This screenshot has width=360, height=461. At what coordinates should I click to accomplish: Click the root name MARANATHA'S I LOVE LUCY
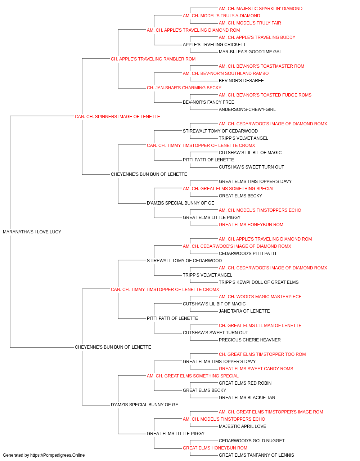[x=32, y=232]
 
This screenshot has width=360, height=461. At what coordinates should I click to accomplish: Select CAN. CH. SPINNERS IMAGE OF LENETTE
[x=117, y=117]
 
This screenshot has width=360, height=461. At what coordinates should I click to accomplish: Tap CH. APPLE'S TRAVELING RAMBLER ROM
[x=153, y=59]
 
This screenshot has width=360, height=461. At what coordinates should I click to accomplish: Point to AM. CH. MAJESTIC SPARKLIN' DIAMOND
[x=261, y=9]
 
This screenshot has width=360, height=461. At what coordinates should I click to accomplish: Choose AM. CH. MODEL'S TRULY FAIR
[x=250, y=23]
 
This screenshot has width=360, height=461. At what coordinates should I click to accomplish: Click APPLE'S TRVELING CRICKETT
[x=214, y=45]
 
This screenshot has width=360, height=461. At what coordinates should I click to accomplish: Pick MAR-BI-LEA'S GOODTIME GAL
[x=250, y=52]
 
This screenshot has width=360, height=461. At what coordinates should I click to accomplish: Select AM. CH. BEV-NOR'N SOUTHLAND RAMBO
[x=226, y=73]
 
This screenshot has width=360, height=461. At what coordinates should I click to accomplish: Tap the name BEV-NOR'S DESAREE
[x=241, y=81]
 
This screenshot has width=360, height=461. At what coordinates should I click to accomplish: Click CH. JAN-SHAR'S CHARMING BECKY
[x=184, y=88]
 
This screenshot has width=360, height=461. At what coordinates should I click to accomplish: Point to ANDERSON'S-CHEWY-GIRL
[x=247, y=109]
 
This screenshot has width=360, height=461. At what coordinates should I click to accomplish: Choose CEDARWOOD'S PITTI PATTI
[x=247, y=254]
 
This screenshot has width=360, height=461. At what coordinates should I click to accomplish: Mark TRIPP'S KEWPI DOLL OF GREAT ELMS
[x=258, y=282]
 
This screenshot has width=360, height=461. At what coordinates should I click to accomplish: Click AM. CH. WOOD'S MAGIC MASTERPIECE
[x=260, y=297]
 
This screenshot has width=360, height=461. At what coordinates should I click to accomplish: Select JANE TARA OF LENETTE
[x=244, y=311]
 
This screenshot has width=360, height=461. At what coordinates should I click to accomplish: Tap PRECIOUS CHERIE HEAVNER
[x=250, y=340]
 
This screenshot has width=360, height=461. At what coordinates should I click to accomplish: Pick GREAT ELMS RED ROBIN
[x=245, y=383]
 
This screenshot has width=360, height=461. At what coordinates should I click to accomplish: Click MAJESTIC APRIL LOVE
[x=243, y=426]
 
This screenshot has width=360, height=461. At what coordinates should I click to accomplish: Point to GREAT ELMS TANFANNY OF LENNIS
[x=257, y=455]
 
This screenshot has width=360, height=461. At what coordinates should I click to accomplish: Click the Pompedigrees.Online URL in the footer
[x=58, y=455]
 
